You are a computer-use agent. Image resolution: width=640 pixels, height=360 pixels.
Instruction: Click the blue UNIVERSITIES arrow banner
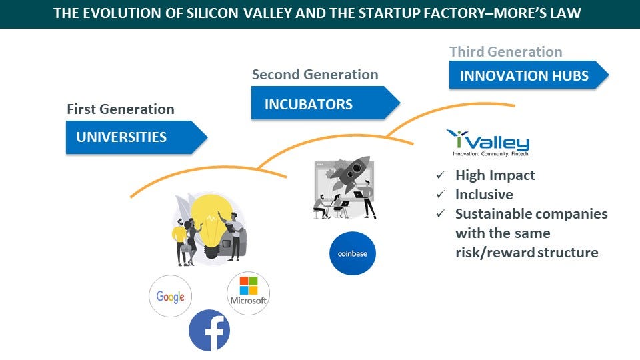136,137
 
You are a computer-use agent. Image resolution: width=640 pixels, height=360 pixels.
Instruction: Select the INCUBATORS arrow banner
325,103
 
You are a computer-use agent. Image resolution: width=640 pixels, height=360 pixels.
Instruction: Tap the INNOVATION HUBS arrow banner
529,75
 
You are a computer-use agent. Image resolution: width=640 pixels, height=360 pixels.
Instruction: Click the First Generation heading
121,109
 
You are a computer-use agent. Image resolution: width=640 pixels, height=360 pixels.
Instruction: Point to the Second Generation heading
315,74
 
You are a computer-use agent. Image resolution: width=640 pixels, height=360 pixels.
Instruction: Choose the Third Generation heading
506,51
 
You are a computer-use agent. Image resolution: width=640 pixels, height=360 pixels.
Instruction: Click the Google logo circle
170,296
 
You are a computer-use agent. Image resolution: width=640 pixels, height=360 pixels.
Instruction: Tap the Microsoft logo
248,293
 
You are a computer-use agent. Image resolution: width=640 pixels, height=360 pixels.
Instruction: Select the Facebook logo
209,330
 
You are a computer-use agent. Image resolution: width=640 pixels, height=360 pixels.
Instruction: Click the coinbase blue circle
353,253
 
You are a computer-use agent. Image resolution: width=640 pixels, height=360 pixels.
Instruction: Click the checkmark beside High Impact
441,175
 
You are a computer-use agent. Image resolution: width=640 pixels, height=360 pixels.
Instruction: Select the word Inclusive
484,194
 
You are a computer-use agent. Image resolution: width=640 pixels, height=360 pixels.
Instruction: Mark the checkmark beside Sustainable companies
441,213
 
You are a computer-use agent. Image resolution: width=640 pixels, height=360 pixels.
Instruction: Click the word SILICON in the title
212,13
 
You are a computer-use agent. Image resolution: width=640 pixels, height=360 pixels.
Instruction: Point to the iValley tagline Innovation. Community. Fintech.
491,154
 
